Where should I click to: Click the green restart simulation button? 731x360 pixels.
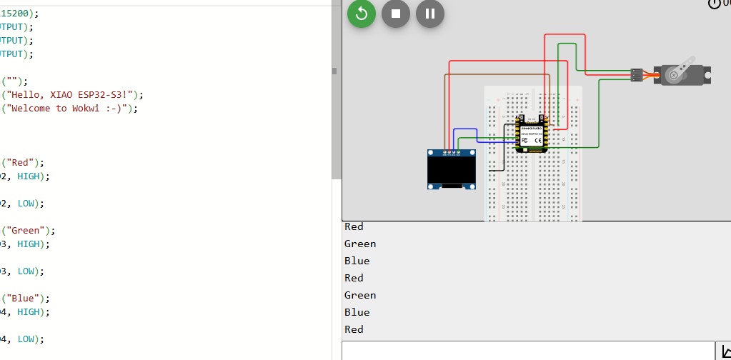coord(362,14)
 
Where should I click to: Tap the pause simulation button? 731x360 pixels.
coord(430,14)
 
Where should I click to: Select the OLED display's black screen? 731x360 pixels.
coord(452,169)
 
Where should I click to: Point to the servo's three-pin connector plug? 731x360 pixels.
coord(637,74)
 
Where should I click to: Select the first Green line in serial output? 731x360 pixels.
coord(360,244)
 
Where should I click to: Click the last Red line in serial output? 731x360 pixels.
coord(354,329)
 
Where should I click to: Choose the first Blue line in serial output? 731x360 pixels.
coord(357,261)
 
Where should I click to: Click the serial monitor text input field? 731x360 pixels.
coord(529,351)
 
